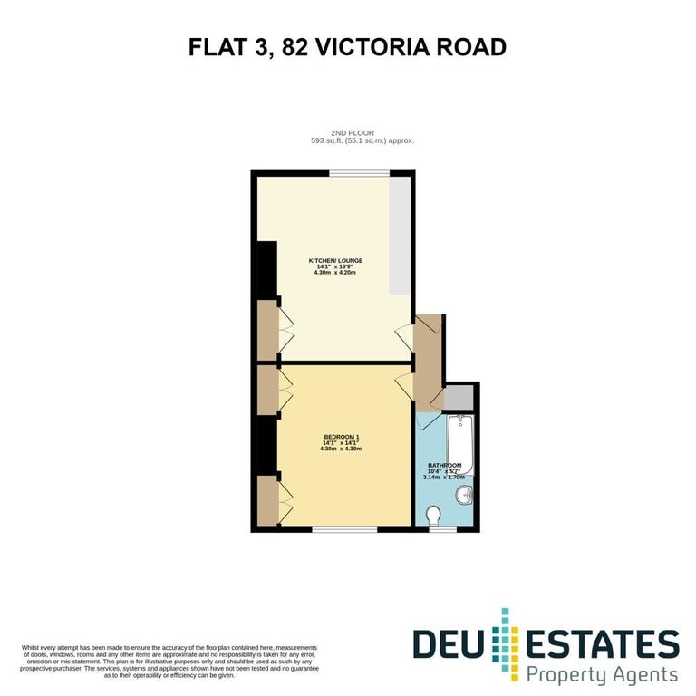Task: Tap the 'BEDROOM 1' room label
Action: click(x=341, y=437)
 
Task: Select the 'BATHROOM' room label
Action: click(x=447, y=466)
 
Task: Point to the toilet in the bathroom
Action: click(x=434, y=515)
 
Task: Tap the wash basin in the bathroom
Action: click(x=465, y=495)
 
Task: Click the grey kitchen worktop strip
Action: click(x=399, y=236)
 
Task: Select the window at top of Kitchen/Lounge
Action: click(x=360, y=173)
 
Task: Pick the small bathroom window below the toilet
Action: click(x=442, y=527)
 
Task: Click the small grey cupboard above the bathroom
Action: click(x=459, y=398)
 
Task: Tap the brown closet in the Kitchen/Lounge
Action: click(x=266, y=329)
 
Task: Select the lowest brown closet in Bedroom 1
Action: click(x=266, y=500)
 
